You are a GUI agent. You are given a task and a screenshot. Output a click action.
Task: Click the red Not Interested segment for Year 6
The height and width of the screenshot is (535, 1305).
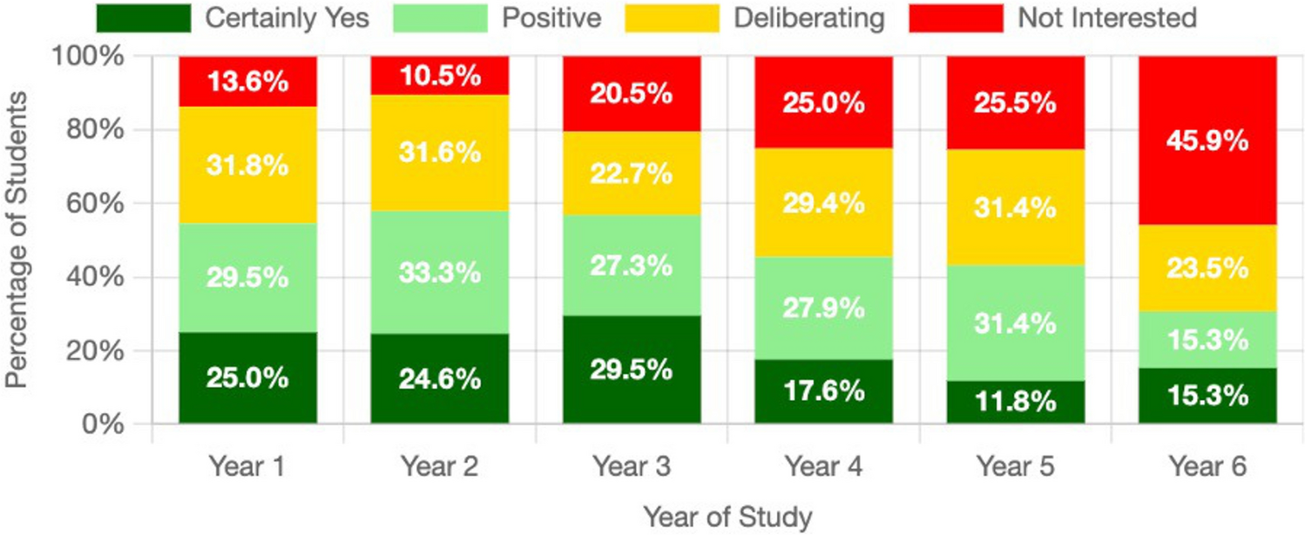tap(1206, 139)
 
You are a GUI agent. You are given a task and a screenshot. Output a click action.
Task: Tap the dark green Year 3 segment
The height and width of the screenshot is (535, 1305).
tap(631, 369)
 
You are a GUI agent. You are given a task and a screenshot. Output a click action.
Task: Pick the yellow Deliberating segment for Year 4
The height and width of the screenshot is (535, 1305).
tap(822, 203)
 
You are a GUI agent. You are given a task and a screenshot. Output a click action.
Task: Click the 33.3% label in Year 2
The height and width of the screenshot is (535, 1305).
tap(439, 273)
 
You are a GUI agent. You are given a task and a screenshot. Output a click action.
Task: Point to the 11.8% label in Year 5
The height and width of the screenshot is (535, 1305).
tap(1014, 403)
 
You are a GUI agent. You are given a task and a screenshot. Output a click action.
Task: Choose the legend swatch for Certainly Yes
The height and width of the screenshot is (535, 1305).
tap(144, 17)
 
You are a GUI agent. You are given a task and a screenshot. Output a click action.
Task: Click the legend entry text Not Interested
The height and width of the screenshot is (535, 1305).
tap(1108, 17)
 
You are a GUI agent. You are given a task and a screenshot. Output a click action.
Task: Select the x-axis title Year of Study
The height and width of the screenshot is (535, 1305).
tap(727, 516)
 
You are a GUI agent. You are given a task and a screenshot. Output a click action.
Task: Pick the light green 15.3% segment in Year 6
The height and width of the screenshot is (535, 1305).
tap(1206, 339)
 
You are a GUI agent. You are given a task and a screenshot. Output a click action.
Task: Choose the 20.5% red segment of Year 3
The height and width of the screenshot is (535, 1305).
tap(631, 94)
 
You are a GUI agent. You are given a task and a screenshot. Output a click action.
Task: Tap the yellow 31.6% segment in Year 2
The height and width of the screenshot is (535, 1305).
tap(439, 152)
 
